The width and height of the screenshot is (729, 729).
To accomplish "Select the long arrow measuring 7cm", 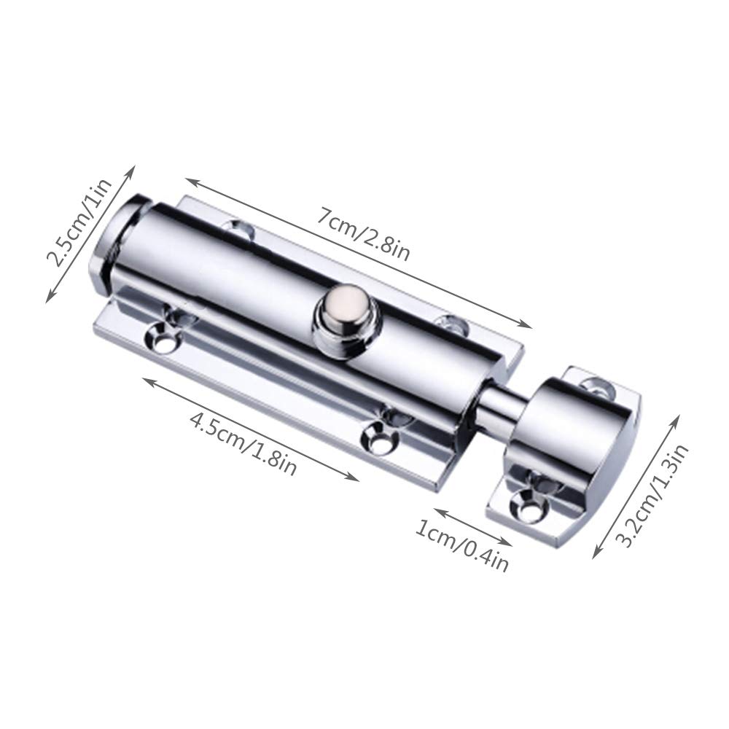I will (x=357, y=252).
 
